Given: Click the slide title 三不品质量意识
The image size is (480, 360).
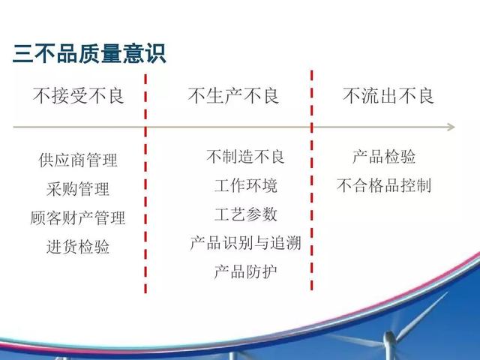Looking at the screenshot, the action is (89, 53).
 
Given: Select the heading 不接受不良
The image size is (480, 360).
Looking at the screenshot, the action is (78, 96).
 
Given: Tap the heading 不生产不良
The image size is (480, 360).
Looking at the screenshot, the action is (233, 96).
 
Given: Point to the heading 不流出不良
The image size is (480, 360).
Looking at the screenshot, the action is (388, 96).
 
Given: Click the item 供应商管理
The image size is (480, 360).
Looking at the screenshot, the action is (78, 160).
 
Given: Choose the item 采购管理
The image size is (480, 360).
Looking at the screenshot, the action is (78, 188).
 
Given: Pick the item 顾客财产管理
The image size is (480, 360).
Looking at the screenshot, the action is (78, 217).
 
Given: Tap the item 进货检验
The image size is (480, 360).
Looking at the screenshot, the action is (78, 247).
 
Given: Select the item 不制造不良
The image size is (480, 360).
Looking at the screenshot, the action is (245, 157).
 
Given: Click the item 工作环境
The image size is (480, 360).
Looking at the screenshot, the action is (246, 185).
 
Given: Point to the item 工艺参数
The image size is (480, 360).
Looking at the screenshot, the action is (246, 214).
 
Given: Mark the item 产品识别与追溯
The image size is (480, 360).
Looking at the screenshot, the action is (245, 243).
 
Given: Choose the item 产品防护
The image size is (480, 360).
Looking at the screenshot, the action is (246, 271).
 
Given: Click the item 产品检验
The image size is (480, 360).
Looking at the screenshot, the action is (384, 157).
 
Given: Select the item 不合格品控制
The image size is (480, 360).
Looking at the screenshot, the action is (384, 185).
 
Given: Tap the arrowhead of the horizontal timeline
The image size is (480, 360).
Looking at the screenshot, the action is (451, 127).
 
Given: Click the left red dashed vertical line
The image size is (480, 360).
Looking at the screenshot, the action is (145, 183).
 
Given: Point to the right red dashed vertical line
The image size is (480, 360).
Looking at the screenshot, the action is (312, 180).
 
